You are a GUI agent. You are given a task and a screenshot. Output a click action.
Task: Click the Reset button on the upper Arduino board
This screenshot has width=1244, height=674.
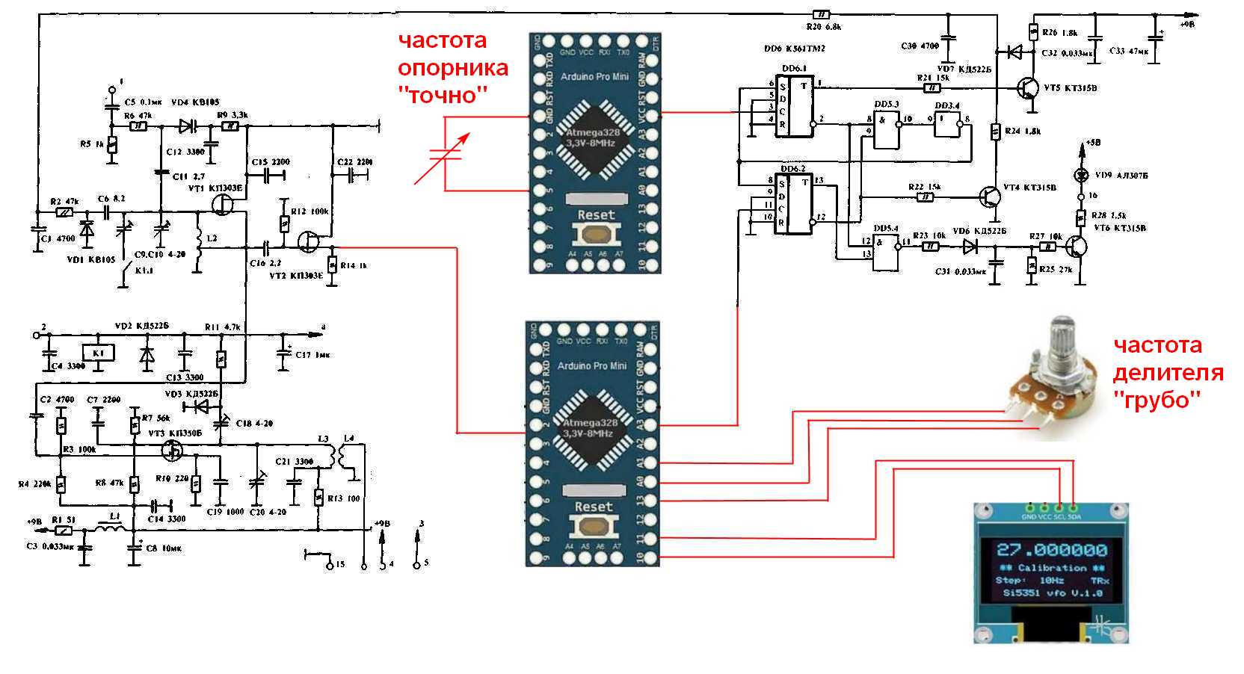594,233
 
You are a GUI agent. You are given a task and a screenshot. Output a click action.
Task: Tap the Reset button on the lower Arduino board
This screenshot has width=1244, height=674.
593,525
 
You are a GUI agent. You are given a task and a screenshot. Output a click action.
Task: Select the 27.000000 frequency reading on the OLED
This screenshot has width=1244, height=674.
1052,551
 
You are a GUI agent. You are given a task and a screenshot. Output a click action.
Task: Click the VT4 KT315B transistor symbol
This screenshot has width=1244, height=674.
992,197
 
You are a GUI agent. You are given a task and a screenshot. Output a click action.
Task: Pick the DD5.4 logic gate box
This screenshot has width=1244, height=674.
887,249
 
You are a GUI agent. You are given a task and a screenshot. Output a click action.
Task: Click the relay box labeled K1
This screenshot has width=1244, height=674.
98,353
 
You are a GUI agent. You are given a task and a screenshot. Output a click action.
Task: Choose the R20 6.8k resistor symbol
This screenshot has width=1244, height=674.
820,14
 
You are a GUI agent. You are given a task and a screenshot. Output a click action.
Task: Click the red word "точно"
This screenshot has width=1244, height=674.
443,96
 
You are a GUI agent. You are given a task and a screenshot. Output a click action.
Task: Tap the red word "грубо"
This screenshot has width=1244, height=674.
1157,400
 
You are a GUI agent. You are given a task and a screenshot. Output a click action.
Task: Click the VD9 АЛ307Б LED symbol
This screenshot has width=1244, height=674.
1080,175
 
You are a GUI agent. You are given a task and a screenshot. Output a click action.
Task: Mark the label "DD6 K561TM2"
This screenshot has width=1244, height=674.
794,49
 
